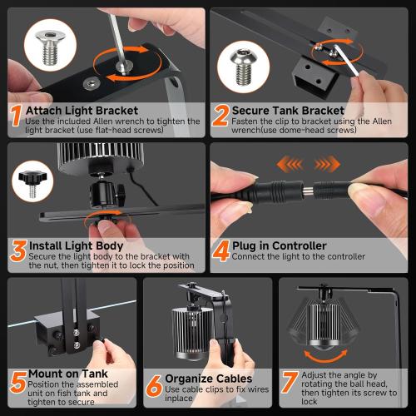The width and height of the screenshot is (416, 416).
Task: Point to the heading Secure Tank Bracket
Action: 287,109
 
